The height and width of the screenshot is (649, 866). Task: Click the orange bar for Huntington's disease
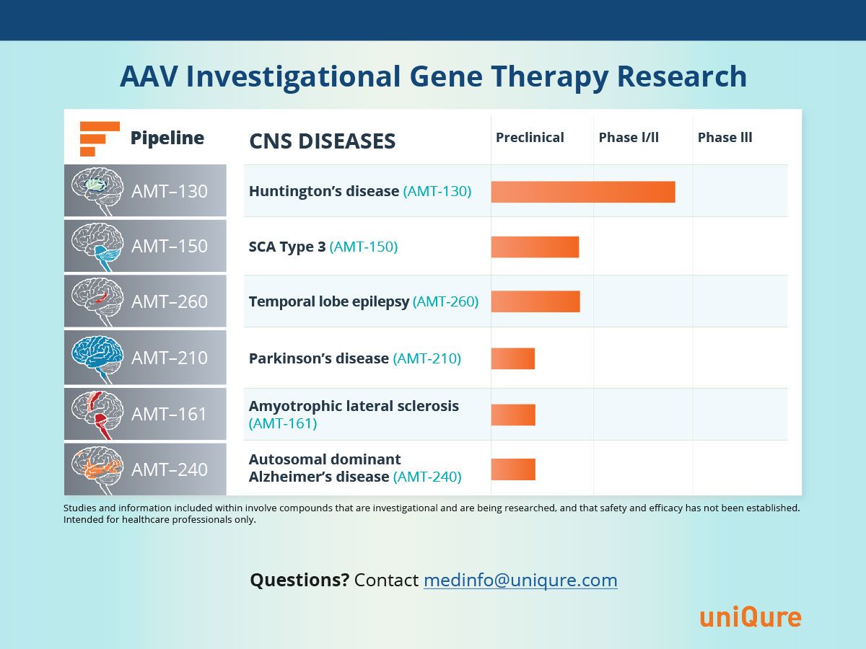coord(583,192)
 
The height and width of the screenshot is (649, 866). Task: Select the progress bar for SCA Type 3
coord(535,247)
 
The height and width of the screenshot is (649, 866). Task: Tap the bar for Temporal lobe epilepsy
coord(535,301)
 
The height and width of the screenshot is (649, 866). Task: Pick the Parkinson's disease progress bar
coord(513,358)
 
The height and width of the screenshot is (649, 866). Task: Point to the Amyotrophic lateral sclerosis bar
coord(513,415)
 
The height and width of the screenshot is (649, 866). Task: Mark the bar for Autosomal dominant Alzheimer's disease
coord(513,469)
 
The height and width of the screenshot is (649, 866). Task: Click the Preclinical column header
coord(530,138)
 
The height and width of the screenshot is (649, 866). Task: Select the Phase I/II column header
coord(629,138)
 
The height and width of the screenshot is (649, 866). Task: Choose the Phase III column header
coord(725,138)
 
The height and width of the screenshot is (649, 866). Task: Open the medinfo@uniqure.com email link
coord(520,580)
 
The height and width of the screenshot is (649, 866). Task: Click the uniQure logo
coord(751,617)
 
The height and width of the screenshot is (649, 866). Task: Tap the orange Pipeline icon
coord(100,138)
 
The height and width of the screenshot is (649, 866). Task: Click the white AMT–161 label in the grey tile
coord(170,414)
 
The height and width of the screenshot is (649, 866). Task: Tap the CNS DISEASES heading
coord(323,141)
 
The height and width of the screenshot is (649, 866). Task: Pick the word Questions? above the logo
coord(299,580)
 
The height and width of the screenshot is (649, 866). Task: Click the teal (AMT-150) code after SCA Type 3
coord(364,247)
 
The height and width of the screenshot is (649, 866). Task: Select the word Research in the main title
coord(682,76)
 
